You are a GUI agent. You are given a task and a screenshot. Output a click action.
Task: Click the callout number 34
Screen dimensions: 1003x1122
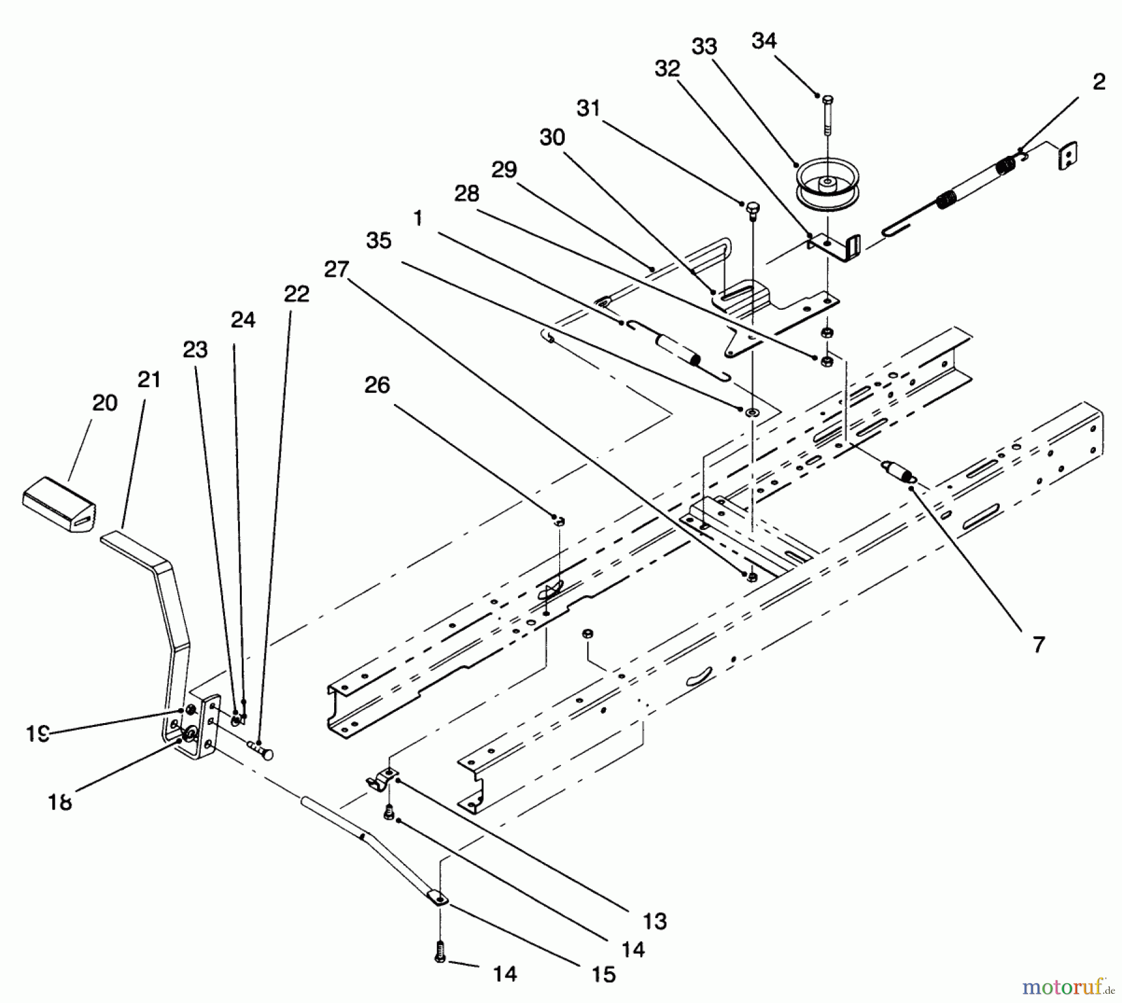point(764,41)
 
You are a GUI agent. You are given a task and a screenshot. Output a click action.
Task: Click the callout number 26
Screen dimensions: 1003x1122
point(377,385)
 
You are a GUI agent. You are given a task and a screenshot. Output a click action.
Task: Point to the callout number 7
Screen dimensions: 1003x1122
point(1038,645)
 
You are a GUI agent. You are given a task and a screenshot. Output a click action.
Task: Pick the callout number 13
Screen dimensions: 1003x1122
point(654,921)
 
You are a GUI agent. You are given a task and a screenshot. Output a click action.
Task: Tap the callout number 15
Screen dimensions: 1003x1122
point(603,974)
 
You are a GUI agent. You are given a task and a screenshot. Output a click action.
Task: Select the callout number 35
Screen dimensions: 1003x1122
point(378,241)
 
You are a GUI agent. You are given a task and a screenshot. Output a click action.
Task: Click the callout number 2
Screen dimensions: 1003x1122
point(1099,82)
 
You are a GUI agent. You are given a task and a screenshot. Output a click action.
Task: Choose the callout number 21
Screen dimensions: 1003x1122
point(149,379)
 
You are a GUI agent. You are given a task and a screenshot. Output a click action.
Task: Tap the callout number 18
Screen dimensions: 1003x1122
point(60,801)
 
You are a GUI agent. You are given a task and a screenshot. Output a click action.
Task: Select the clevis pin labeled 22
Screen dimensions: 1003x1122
point(261,749)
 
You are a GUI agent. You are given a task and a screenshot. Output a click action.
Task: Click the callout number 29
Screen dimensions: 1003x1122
point(504,170)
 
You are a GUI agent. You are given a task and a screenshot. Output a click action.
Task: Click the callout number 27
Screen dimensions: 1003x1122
point(337,269)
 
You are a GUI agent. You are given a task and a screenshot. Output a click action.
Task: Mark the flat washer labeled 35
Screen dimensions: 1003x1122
point(752,411)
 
